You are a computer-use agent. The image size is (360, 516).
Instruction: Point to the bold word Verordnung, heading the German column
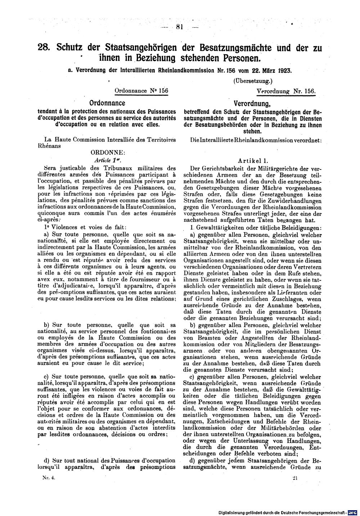coord(252,104)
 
